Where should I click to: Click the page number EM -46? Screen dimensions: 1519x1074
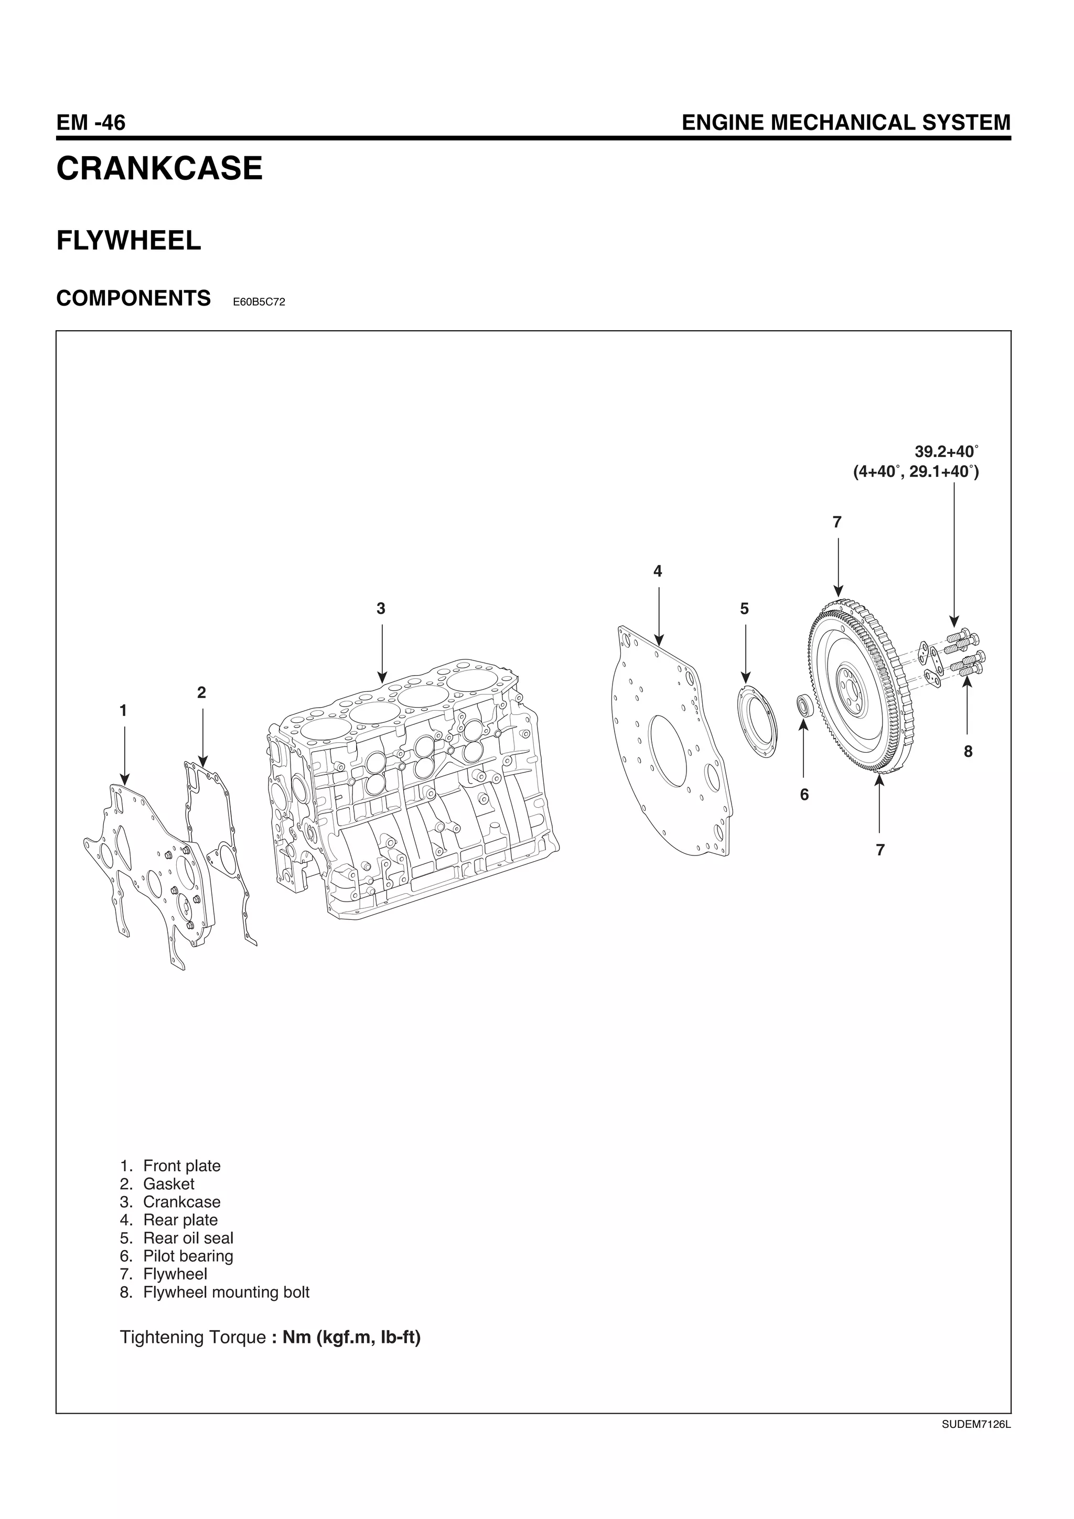pyautogui.click(x=91, y=123)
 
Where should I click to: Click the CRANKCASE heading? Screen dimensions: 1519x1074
pyautogui.click(x=159, y=169)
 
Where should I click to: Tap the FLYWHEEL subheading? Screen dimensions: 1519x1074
pyautogui.click(x=128, y=241)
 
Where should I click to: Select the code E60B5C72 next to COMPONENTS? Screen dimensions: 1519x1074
pyautogui.click(x=259, y=302)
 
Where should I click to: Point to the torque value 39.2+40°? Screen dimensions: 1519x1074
pyautogui.click(x=946, y=452)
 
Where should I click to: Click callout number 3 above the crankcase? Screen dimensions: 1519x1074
pyautogui.click(x=381, y=609)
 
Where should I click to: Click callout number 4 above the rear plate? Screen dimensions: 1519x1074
pyautogui.click(x=657, y=571)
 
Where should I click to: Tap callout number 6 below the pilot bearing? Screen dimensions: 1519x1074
pyautogui.click(x=804, y=795)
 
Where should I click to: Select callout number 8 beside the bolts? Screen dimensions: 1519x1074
pyautogui.click(x=968, y=752)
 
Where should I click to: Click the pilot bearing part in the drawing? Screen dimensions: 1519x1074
pyautogui.click(x=804, y=706)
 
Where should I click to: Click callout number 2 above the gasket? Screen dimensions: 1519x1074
pyautogui.click(x=202, y=693)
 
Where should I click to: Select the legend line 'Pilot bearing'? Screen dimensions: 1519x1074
pyautogui.click(x=187, y=1256)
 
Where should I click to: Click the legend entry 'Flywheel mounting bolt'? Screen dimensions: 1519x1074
pyautogui.click(x=225, y=1292)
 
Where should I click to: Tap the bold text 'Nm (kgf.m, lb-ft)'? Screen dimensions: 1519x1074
pyautogui.click(x=351, y=1337)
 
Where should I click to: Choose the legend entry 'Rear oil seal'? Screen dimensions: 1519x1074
pyautogui.click(x=187, y=1238)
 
